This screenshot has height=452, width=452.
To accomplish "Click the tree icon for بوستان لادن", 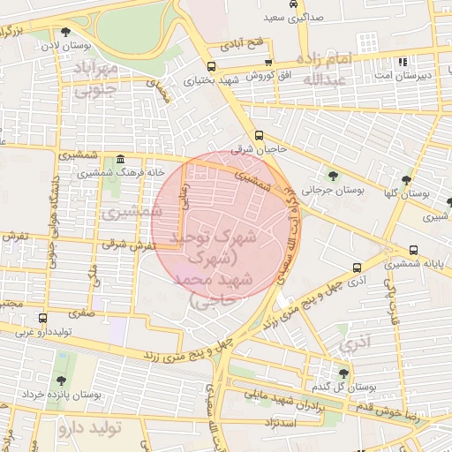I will point(54,32).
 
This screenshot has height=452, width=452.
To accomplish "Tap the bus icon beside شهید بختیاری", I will point(210,66).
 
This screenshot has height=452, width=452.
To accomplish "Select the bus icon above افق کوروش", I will point(267,63).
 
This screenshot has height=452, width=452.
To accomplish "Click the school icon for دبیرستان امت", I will point(404,63).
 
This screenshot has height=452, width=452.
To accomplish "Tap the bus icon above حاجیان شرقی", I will point(259,135).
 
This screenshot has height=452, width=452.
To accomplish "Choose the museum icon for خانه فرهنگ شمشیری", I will point(120,159).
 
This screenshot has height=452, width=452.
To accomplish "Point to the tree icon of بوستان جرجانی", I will point(333,176).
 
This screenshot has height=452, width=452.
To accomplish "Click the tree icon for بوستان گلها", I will point(406,179).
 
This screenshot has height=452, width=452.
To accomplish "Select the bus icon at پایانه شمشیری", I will point(413,250).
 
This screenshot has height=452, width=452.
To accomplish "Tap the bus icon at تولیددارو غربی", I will point(42,318).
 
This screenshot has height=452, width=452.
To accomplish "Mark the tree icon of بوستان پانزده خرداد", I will point(61,381).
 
